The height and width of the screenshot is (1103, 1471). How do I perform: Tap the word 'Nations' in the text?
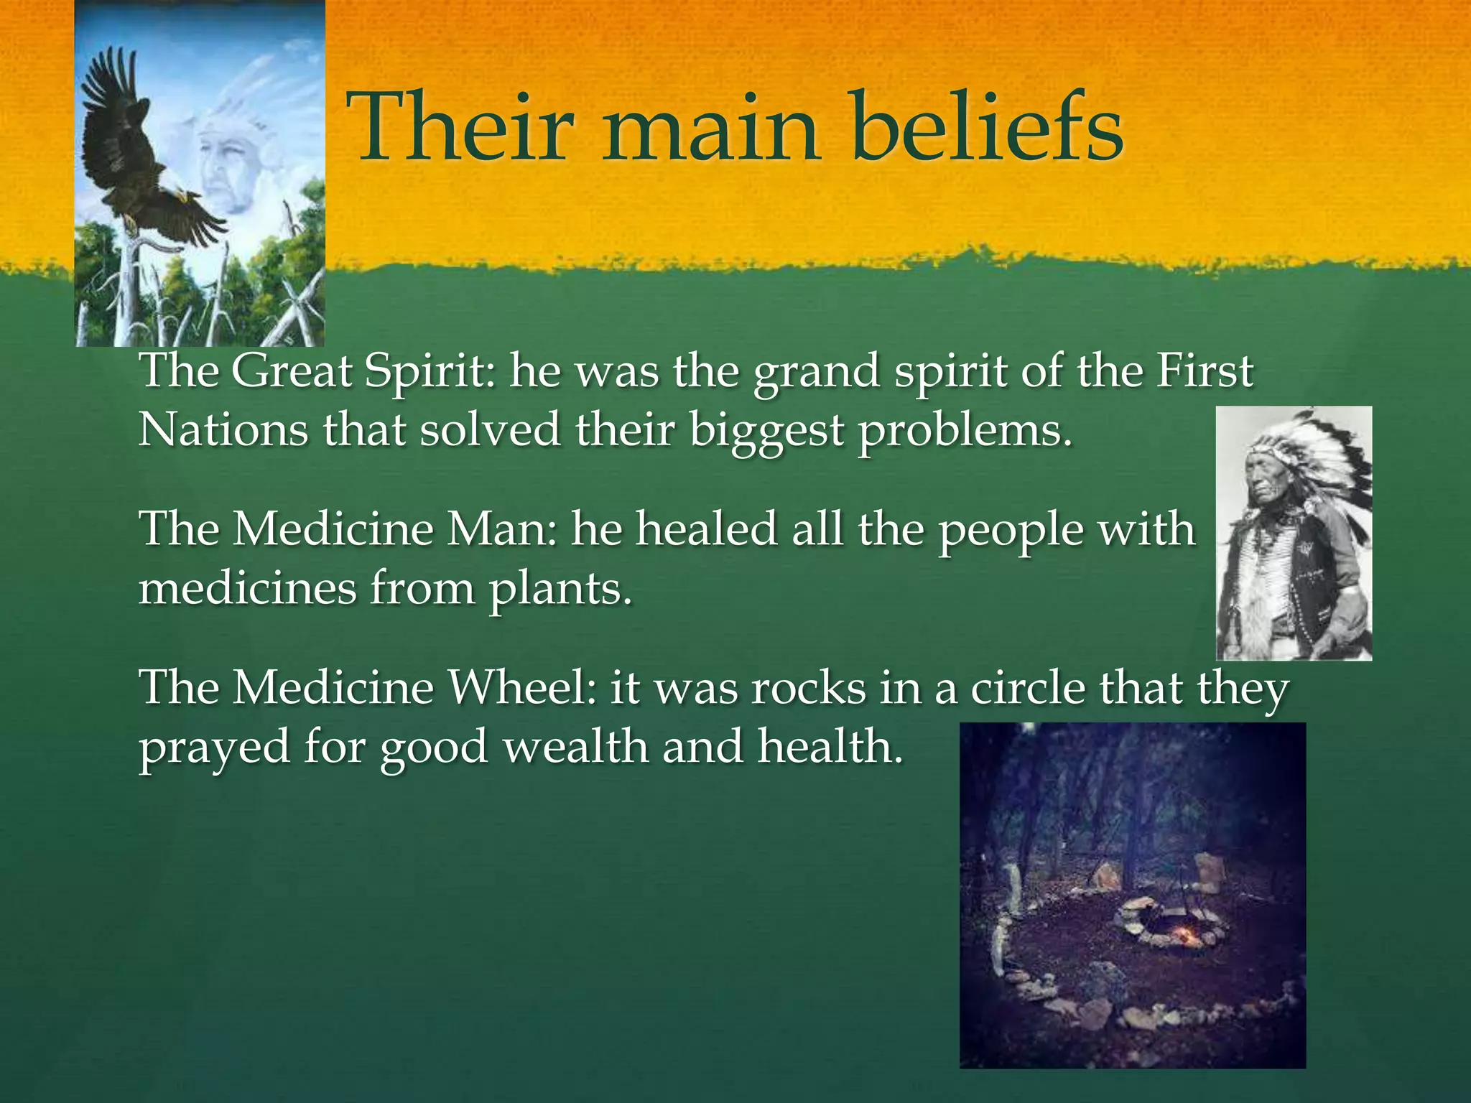click(x=223, y=430)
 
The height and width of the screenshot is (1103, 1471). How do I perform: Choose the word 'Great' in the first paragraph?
click(x=292, y=372)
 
